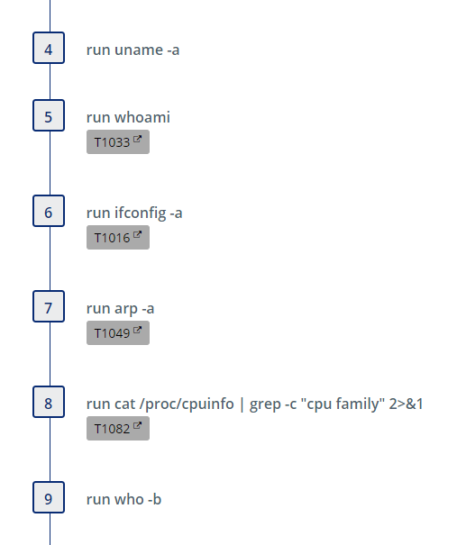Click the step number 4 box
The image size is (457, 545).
tap(49, 48)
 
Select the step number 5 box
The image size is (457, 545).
tap(49, 115)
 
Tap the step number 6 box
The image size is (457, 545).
tap(49, 211)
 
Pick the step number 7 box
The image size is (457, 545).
tap(49, 306)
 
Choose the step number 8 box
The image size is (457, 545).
tap(49, 402)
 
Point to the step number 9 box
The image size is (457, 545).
tap(49, 497)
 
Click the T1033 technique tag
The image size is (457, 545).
tap(118, 141)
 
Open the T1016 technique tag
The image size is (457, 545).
tap(118, 238)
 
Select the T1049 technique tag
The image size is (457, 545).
tap(118, 333)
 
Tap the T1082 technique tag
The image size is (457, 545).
tap(118, 428)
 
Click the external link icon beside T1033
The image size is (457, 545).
tap(137, 139)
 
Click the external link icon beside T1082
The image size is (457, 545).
tap(137, 425)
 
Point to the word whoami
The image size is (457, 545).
tap(142, 117)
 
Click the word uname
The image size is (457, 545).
tap(139, 50)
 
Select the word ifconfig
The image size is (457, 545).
tap(141, 213)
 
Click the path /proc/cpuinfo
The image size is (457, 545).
tap(187, 404)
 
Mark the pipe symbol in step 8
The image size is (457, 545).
tap(242, 404)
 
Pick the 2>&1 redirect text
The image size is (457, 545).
tap(406, 404)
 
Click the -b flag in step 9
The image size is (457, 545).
tap(154, 499)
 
